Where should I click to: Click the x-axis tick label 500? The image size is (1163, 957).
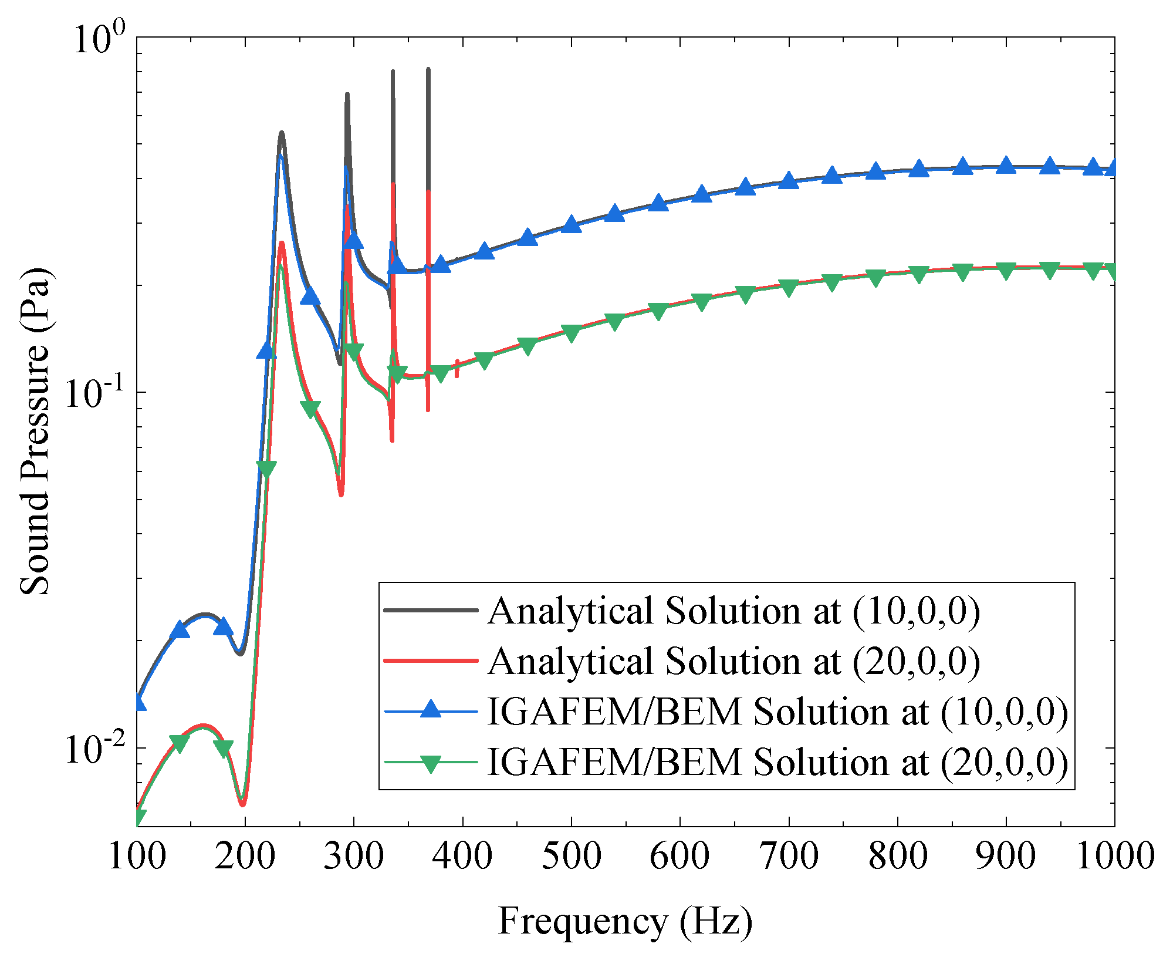(572, 857)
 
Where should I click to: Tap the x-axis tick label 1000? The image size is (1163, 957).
(1114, 857)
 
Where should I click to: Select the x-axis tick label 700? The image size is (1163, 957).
(789, 857)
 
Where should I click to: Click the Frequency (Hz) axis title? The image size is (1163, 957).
(625, 921)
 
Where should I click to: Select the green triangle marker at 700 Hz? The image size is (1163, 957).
(789, 288)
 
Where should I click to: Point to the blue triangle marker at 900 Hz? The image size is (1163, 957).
(1006, 166)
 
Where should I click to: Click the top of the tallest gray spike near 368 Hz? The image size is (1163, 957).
(428, 70)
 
